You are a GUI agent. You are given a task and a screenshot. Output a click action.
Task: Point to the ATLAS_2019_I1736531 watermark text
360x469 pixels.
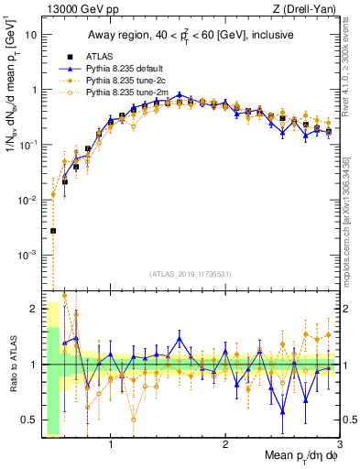(x=190, y=273)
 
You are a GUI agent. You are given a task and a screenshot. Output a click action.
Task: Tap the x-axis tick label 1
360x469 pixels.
(x=111, y=446)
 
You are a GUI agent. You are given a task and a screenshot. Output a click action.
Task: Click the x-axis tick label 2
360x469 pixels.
(x=225, y=446)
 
